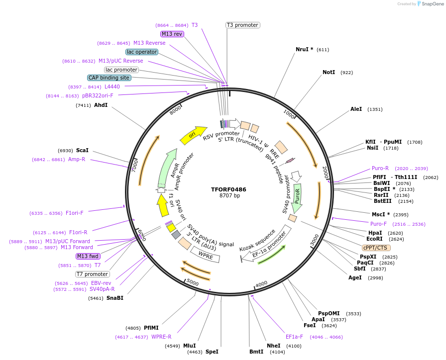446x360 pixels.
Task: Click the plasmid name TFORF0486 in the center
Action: (x=228, y=189)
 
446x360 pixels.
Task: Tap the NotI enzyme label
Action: (x=329, y=72)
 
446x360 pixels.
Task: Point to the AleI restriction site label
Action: (x=356, y=109)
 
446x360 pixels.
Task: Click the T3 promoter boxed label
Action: (x=242, y=25)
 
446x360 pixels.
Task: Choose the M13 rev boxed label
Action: (x=172, y=34)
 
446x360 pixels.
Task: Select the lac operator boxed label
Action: (x=142, y=52)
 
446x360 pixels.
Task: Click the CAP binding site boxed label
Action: (x=109, y=78)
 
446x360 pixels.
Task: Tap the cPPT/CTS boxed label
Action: (x=376, y=248)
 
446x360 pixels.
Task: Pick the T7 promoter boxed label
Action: (x=92, y=274)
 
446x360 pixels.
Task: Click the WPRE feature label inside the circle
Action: (x=206, y=257)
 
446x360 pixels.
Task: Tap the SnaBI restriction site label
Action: (x=114, y=298)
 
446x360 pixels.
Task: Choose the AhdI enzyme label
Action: (x=101, y=105)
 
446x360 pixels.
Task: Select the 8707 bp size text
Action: (x=229, y=196)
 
